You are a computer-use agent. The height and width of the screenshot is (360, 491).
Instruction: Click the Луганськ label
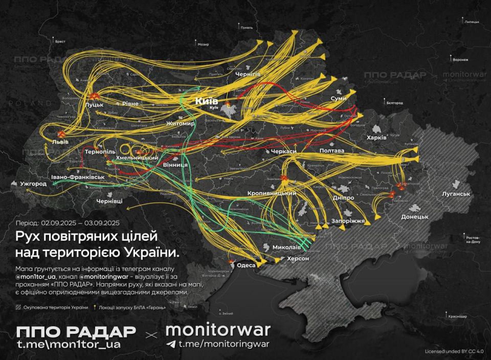click(457, 194)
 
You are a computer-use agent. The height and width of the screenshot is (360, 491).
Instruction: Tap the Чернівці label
click(109, 202)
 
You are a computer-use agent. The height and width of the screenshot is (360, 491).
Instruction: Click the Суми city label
click(339, 98)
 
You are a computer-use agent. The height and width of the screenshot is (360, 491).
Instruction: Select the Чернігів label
click(248, 75)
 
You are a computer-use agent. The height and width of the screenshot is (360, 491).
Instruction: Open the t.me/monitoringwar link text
click(224, 344)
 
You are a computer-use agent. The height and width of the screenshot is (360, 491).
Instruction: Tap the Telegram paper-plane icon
click(171, 344)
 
